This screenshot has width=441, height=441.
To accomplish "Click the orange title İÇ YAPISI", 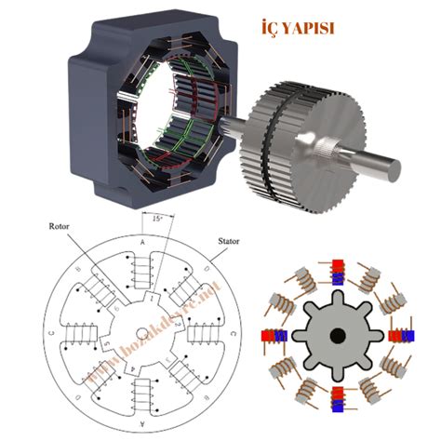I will [295, 28].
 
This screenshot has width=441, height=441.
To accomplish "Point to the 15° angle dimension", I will [154, 220].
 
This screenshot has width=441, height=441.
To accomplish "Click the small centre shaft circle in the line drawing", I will [143, 333].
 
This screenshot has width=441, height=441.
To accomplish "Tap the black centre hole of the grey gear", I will [337, 335].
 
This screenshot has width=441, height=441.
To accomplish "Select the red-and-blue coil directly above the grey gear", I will [336, 271].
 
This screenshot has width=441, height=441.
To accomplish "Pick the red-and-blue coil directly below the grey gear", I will [337, 399].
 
